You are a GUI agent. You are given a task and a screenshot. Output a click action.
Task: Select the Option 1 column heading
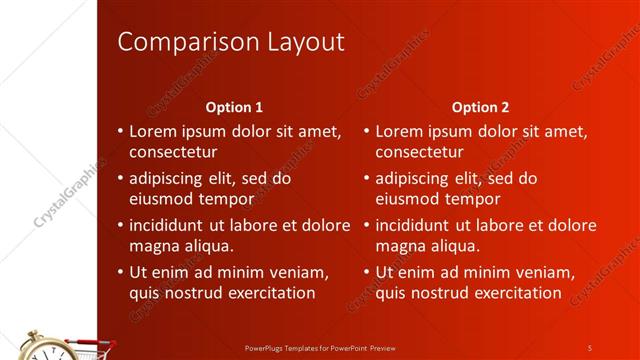coord(234,106)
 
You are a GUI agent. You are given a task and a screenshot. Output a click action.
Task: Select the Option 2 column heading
coord(480,106)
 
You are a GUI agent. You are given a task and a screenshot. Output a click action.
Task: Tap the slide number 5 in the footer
coord(590,347)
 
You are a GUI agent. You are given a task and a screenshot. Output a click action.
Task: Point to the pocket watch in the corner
coord(40,346)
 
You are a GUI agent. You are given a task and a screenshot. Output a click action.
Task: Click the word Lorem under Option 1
coord(154,131)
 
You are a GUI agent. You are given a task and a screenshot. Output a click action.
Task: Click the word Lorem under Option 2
coord(400,131)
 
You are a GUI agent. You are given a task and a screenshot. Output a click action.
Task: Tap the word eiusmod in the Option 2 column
coord(408,199)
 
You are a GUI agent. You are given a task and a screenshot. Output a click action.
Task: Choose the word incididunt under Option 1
coord(170,225)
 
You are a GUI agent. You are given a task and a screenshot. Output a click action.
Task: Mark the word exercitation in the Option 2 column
coord(513,293)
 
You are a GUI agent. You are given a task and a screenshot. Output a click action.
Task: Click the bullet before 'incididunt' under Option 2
coord(367,225)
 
